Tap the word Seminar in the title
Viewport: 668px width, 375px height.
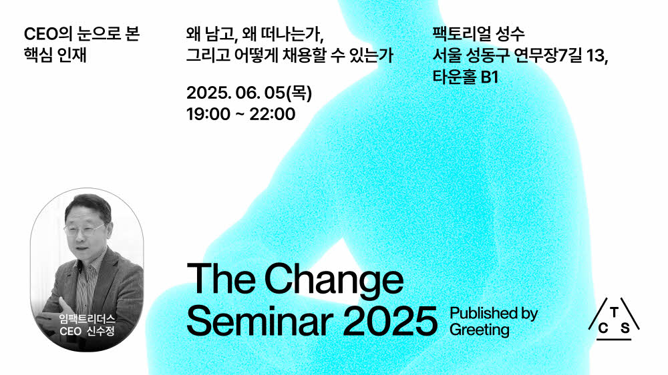click(x=260, y=322)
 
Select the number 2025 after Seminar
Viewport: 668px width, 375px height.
click(x=390, y=322)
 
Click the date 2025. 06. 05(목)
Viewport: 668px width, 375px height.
click(x=249, y=93)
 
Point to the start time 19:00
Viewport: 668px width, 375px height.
click(x=208, y=114)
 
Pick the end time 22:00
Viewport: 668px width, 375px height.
click(x=273, y=114)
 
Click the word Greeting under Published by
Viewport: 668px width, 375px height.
click(x=479, y=330)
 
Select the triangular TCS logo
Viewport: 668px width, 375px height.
click(x=614, y=319)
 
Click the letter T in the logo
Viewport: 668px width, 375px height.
click(x=614, y=313)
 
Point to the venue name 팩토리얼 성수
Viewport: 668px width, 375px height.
click(x=478, y=33)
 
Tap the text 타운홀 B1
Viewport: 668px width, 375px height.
click(x=465, y=77)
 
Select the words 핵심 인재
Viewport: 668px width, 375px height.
click(x=55, y=55)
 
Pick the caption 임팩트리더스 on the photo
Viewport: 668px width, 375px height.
click(x=88, y=319)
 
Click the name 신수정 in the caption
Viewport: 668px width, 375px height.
click(x=101, y=331)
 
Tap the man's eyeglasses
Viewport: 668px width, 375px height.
click(x=84, y=230)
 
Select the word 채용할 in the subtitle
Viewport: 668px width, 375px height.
click(x=304, y=55)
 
